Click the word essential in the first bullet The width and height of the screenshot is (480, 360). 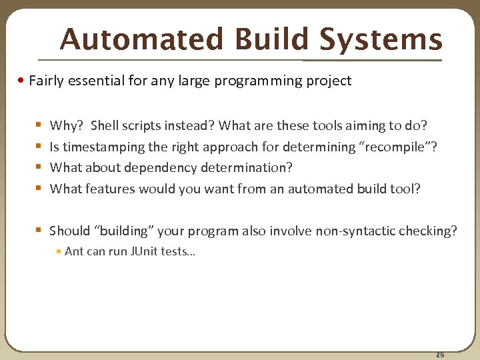pos(97,81)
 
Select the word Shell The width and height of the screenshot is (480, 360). pos(105,125)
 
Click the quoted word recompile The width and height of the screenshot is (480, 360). pos(400,147)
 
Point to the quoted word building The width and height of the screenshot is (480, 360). pos(126,231)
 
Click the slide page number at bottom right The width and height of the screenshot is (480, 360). pos(439,354)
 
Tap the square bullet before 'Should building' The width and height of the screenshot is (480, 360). pos(39,231)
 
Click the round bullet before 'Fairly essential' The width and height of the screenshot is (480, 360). pos(23,81)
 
